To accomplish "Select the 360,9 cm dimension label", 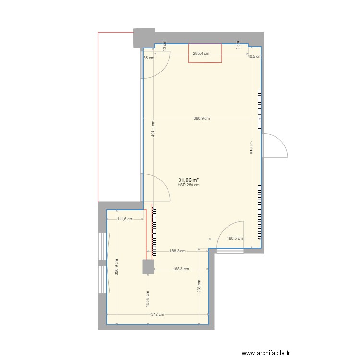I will [x=202, y=119].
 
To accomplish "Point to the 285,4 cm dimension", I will [x=201, y=54].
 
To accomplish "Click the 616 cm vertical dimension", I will [x=251, y=147].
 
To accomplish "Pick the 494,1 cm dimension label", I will [x=153, y=129].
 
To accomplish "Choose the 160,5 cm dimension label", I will [x=235, y=238].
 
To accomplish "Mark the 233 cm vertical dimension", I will [x=199, y=287].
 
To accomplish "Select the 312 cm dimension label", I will [x=157, y=315].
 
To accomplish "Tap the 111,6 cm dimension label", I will [x=125, y=219].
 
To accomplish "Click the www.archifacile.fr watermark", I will [x=266, y=353].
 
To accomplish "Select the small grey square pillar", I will [x=147, y=266].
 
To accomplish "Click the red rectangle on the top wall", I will [x=205, y=53].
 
